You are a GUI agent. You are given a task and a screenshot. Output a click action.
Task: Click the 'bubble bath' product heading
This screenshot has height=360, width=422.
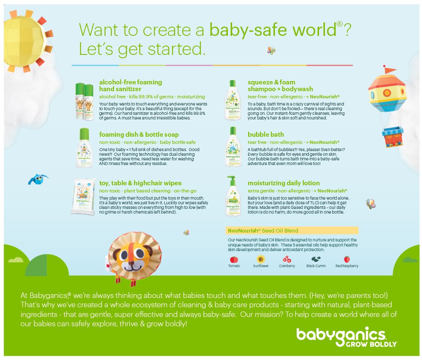[266, 135]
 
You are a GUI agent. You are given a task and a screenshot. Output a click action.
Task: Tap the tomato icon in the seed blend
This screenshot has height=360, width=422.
[234, 259]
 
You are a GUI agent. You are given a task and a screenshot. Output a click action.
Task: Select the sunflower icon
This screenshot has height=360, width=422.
[261, 259]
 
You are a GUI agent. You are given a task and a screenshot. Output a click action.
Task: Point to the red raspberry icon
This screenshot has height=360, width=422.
[347, 259]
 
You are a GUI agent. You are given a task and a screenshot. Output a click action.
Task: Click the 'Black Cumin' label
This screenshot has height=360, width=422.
[316, 266]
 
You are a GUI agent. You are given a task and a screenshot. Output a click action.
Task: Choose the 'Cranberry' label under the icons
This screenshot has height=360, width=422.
[287, 266]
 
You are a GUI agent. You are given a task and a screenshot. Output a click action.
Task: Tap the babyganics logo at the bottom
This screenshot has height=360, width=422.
[341, 334]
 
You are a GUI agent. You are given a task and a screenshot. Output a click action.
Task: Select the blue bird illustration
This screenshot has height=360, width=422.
[37, 179]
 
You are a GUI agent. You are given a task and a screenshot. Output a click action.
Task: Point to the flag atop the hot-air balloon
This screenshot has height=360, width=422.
[390, 70]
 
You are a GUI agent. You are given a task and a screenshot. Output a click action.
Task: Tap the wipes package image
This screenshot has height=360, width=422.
[84, 196]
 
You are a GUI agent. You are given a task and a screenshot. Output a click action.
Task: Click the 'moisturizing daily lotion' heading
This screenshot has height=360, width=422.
[284, 183]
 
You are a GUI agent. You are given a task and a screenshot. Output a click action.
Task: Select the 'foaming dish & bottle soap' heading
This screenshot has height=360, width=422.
[139, 135]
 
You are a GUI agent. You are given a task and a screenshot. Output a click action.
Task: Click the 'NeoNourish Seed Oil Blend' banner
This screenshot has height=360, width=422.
[292, 230]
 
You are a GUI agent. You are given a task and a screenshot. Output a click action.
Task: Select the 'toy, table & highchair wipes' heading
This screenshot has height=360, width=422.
[140, 183]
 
